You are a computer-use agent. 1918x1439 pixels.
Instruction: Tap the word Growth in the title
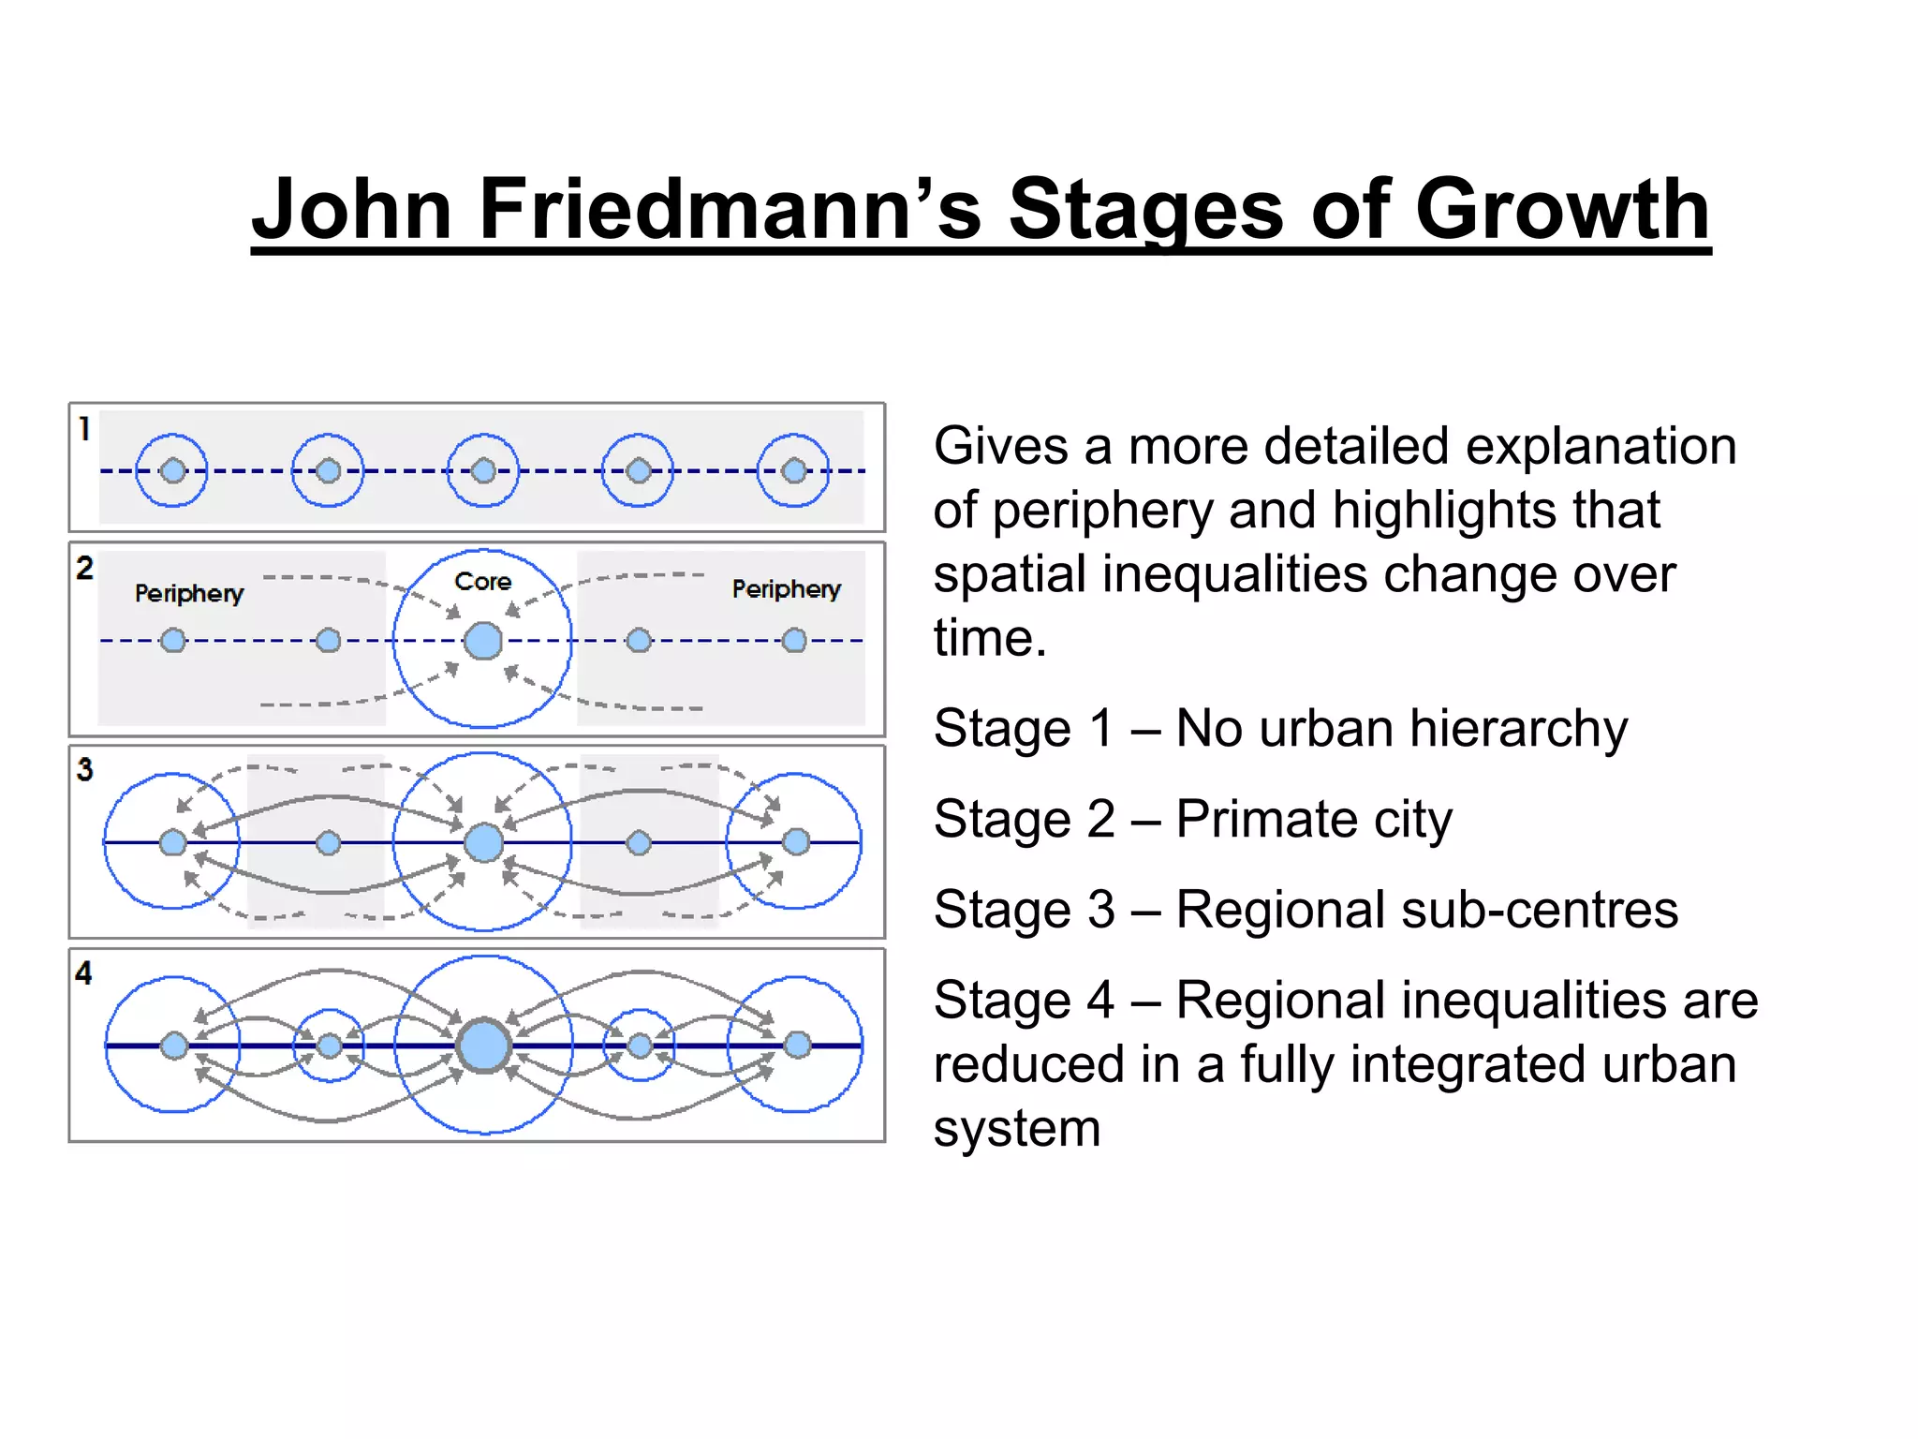(x=1562, y=209)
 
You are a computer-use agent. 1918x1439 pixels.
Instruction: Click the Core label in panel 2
(x=482, y=582)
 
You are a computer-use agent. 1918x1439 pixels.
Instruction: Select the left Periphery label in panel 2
(x=189, y=593)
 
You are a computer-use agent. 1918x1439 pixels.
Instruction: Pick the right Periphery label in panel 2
(x=786, y=589)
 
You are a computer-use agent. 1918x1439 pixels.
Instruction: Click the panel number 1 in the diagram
(x=84, y=429)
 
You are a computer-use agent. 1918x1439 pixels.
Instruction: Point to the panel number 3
(x=85, y=770)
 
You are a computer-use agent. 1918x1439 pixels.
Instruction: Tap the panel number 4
(x=84, y=973)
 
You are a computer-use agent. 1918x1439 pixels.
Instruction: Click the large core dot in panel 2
(x=483, y=641)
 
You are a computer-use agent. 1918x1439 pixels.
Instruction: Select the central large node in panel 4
(x=484, y=1046)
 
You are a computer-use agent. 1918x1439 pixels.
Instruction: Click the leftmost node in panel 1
(x=172, y=470)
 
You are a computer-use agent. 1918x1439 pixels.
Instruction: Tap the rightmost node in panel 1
(x=794, y=470)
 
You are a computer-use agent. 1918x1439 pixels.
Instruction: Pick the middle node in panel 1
(x=483, y=470)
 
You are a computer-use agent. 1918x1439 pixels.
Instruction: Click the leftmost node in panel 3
(x=172, y=842)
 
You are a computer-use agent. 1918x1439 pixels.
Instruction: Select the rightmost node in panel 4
(x=797, y=1045)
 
